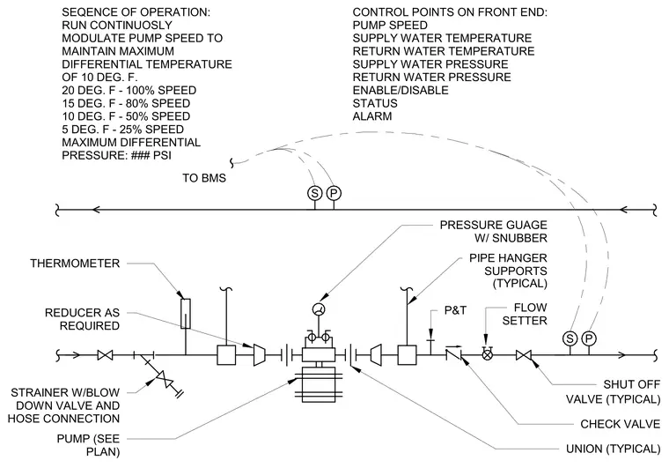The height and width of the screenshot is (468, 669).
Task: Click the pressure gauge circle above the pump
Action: pyautogui.click(x=319, y=309)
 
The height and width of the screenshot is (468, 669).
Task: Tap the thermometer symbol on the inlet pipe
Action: pyautogui.click(x=186, y=314)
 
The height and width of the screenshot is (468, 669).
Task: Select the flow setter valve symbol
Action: pyautogui.click(x=487, y=354)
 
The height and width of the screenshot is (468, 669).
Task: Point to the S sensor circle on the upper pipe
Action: pyautogui.click(x=314, y=193)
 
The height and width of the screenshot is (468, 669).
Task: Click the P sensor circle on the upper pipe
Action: pyautogui.click(x=334, y=193)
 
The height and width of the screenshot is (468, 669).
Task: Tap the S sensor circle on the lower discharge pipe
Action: pyautogui.click(x=570, y=338)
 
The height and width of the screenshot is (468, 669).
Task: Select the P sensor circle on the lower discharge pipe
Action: pyautogui.click(x=589, y=338)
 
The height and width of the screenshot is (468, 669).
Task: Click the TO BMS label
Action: pyautogui.click(x=204, y=178)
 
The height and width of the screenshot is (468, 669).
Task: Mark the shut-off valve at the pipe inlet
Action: pyautogui.click(x=105, y=355)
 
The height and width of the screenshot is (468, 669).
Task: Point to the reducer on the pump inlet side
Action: pyautogui.click(x=259, y=355)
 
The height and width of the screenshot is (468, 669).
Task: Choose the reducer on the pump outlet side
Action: pyautogui.click(x=376, y=355)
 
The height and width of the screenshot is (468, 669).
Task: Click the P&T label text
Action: pyautogui.click(x=455, y=310)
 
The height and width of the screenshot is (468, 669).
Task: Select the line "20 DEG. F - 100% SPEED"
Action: pyautogui.click(x=129, y=91)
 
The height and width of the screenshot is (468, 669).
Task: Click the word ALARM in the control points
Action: pyautogui.click(x=372, y=116)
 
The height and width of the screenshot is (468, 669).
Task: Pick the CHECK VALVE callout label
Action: pyautogui.click(x=621, y=424)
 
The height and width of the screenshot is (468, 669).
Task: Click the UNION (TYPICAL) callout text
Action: pyautogui.click(x=614, y=449)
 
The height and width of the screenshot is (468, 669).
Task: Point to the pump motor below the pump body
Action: pyautogui.click(x=319, y=385)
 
